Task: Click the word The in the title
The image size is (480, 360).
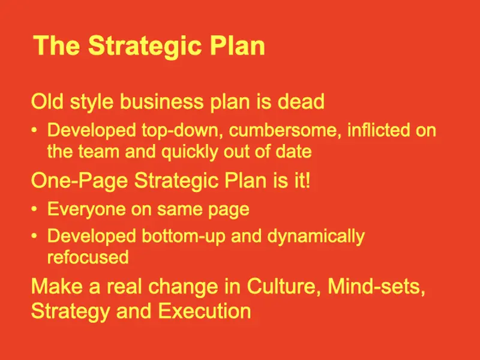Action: pos(56,46)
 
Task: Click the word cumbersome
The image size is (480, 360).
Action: pos(284,130)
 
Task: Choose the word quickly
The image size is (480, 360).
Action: pos(190,152)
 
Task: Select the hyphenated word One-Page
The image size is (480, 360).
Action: pos(79,181)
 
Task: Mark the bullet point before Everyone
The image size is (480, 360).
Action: pos(34,209)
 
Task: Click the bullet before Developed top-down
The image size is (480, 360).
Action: pos(34,130)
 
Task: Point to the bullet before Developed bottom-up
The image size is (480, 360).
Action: pos(34,236)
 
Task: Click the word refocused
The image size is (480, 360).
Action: pos(88,257)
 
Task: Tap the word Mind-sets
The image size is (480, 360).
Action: pos(377,287)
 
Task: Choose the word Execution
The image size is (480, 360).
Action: pos(205,311)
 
